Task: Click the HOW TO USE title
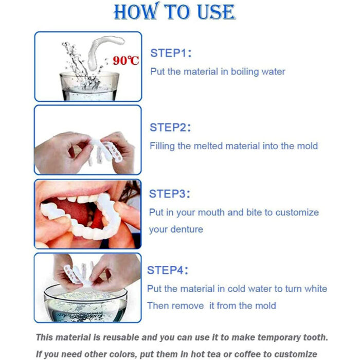click(x=174, y=12)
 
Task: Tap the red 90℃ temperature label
click(x=126, y=61)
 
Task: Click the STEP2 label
click(x=170, y=128)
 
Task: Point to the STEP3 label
click(x=170, y=194)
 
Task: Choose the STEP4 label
click(x=168, y=270)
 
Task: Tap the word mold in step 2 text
click(x=307, y=146)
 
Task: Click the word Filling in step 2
click(x=162, y=146)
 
